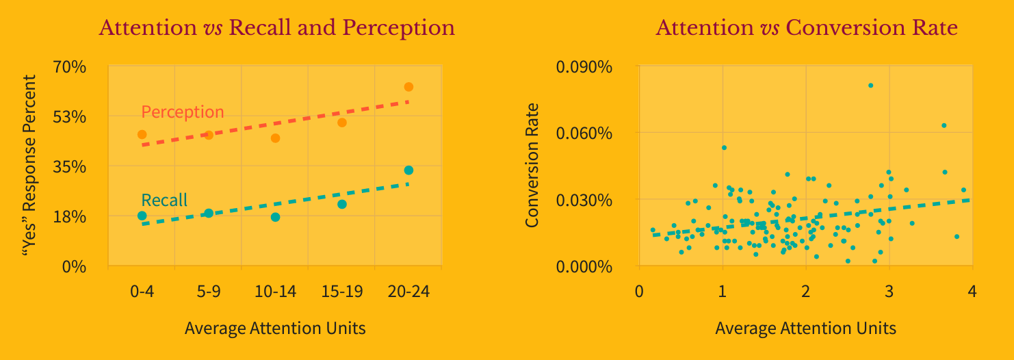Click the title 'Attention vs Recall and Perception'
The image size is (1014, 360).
click(x=276, y=28)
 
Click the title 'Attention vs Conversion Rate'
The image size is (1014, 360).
click(x=806, y=28)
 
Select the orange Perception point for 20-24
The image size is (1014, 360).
click(x=408, y=87)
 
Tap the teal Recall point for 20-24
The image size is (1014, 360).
click(x=408, y=170)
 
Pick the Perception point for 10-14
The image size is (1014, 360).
click(x=275, y=138)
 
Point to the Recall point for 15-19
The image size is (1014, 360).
click(x=342, y=204)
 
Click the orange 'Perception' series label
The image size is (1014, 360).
click(x=182, y=112)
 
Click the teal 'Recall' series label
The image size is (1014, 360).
click(x=164, y=201)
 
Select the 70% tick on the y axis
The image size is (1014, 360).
click(x=70, y=67)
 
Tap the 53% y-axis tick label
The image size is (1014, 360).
click(x=70, y=117)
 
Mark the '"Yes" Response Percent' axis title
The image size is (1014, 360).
click(x=29, y=166)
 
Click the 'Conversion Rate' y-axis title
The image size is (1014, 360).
click(x=532, y=166)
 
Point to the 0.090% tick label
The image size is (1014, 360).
click(x=584, y=67)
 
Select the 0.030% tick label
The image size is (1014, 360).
click(x=584, y=200)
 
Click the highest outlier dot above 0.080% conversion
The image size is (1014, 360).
click(x=870, y=86)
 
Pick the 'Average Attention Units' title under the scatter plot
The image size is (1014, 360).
click(x=805, y=329)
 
